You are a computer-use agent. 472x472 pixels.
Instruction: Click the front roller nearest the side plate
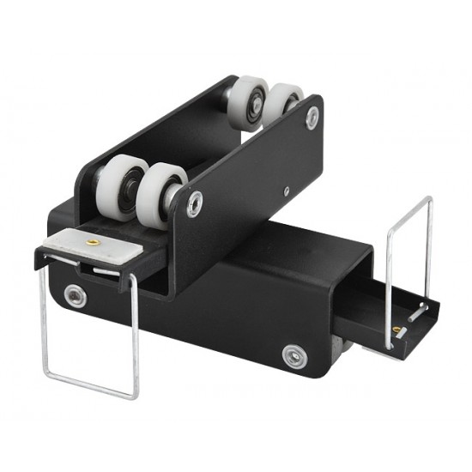163,192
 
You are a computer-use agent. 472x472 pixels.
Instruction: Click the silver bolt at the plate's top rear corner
312,118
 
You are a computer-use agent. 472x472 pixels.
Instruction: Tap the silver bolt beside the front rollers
196,204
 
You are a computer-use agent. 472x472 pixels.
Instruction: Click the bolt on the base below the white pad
76,295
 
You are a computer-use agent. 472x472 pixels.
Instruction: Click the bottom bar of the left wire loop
89,389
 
